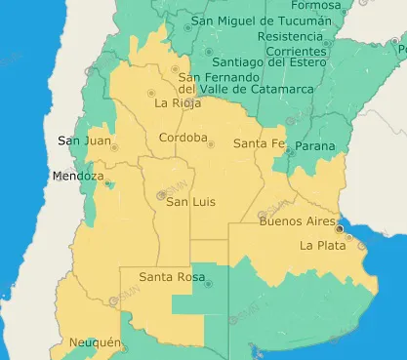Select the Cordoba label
(x=183, y=138)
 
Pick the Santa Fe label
(x=259, y=143)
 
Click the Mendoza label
(x=77, y=177)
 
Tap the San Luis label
(x=189, y=202)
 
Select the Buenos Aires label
(x=295, y=221)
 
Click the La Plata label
(x=321, y=245)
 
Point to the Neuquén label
(x=95, y=343)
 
